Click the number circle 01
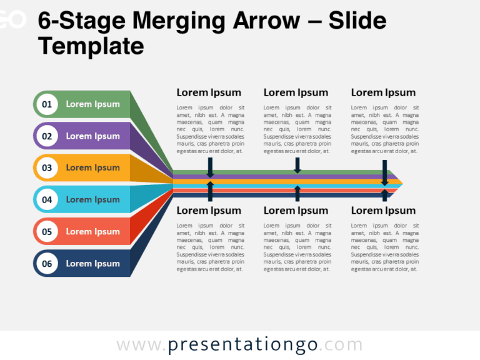pyautogui.click(x=47, y=104)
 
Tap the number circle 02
pyautogui.click(x=47, y=136)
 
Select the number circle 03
pyautogui.click(x=47, y=167)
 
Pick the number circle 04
pyautogui.click(x=47, y=200)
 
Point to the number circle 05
pyautogui.click(x=47, y=232)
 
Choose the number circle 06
pyautogui.click(x=47, y=264)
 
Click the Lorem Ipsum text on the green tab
pyautogui.click(x=92, y=104)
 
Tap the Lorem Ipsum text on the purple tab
pyautogui.click(x=92, y=136)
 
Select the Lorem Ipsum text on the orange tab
pyautogui.click(x=92, y=167)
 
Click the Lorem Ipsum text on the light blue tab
pyautogui.click(x=92, y=200)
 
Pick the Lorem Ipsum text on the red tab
pyautogui.click(x=92, y=232)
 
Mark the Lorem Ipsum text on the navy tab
pyautogui.click(x=92, y=264)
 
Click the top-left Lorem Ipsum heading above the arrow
pyautogui.click(x=209, y=92)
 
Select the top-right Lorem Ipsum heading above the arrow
pyautogui.click(x=383, y=92)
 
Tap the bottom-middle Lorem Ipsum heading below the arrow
pyautogui.click(x=296, y=211)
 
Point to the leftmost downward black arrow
pyautogui.click(x=210, y=167)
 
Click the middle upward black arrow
pyautogui.click(x=297, y=193)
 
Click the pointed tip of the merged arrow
pyautogui.click(x=401, y=184)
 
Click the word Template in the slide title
pyautogui.click(x=91, y=46)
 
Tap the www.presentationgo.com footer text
pyautogui.click(x=239, y=345)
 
